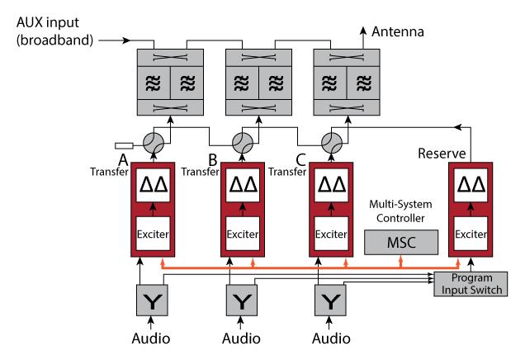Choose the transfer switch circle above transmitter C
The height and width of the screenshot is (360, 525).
(x=333, y=140)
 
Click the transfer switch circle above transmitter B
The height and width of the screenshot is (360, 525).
(x=244, y=140)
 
